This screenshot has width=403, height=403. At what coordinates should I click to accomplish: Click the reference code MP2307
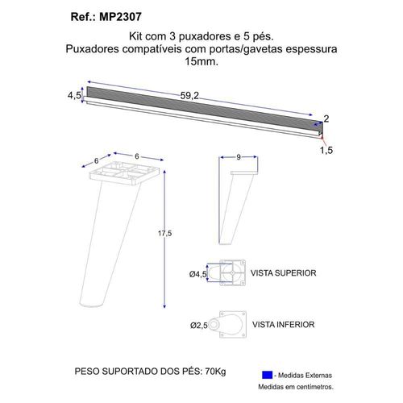120,17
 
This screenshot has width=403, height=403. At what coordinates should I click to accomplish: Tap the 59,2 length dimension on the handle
189,96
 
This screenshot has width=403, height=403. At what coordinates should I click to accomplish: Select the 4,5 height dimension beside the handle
74,95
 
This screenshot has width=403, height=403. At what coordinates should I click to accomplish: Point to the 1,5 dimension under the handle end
326,150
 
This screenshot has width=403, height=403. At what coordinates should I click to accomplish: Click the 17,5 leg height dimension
164,233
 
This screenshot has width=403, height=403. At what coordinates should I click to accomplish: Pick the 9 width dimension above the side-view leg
239,157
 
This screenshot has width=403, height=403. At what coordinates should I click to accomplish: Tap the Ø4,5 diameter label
198,274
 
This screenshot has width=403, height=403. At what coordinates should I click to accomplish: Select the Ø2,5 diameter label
199,326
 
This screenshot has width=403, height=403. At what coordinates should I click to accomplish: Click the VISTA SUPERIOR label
284,273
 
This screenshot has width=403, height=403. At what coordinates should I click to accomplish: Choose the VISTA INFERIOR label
284,325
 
